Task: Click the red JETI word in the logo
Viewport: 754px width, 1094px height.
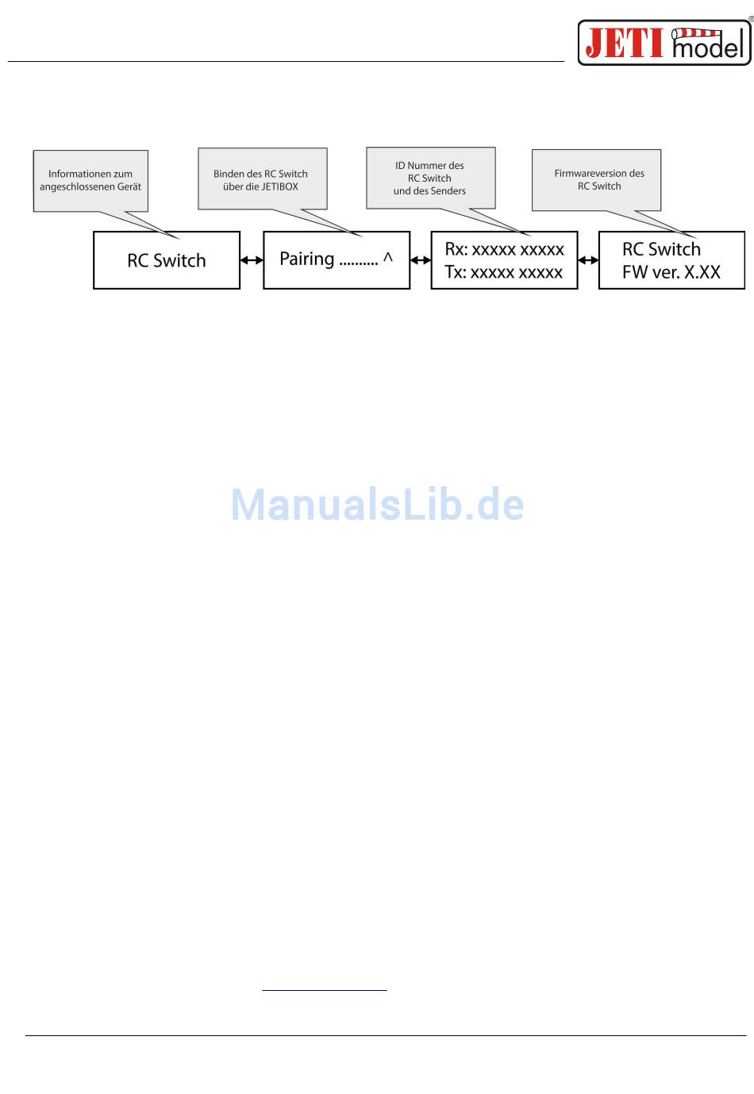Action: [624, 42]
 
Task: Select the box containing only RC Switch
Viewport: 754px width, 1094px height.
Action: [167, 260]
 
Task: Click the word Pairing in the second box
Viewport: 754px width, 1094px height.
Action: [307, 259]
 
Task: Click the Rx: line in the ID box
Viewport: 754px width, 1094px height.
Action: [504, 249]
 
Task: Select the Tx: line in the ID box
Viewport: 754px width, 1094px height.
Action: [504, 272]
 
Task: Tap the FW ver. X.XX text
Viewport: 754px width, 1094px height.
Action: [671, 272]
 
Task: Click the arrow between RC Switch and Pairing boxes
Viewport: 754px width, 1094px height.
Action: [252, 260]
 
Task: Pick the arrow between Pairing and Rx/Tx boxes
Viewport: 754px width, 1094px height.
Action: [421, 260]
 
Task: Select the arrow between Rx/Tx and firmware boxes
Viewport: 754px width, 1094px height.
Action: [588, 260]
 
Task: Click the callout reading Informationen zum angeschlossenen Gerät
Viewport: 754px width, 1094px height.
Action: [90, 180]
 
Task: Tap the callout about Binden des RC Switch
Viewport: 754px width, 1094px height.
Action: [261, 179]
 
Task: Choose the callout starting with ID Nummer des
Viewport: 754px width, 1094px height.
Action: [430, 178]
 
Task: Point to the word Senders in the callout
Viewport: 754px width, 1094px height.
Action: [447, 191]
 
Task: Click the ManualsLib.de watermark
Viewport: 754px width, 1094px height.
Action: [377, 505]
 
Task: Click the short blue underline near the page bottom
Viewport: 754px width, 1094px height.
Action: [325, 990]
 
